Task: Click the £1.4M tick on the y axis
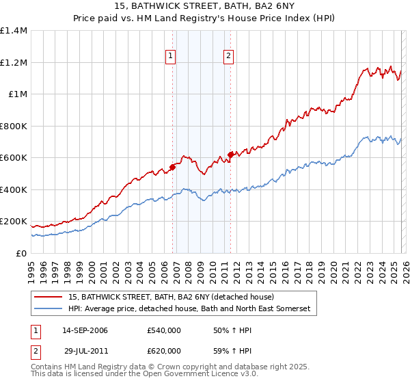tap(14, 31)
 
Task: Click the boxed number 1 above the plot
tap(170, 57)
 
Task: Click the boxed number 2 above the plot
tap(228, 57)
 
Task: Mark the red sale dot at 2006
tap(173, 166)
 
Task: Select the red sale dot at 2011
tap(231, 155)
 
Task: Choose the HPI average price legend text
tap(189, 309)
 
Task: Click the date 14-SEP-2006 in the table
tap(85, 330)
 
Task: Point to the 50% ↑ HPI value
tap(223, 330)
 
